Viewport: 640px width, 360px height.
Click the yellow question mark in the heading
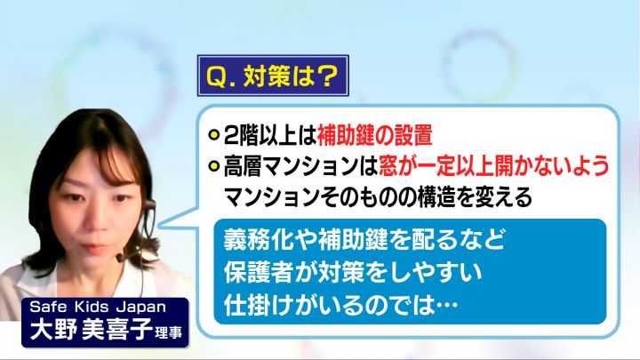coord(325,76)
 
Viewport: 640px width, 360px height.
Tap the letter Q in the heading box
coord(216,76)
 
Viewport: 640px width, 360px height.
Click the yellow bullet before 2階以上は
coord(214,135)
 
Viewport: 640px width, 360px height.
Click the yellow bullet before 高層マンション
coord(214,166)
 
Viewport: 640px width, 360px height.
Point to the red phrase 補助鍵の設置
coord(375,135)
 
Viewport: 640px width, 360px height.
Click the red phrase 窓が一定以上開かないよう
coord(494,165)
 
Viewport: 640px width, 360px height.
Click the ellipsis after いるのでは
coord(446,306)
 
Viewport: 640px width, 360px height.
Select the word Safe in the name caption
coord(47,307)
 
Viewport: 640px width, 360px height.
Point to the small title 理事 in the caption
coord(168,332)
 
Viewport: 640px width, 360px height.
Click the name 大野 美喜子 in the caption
coord(91,329)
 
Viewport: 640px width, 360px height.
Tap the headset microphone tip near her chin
coord(119,258)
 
